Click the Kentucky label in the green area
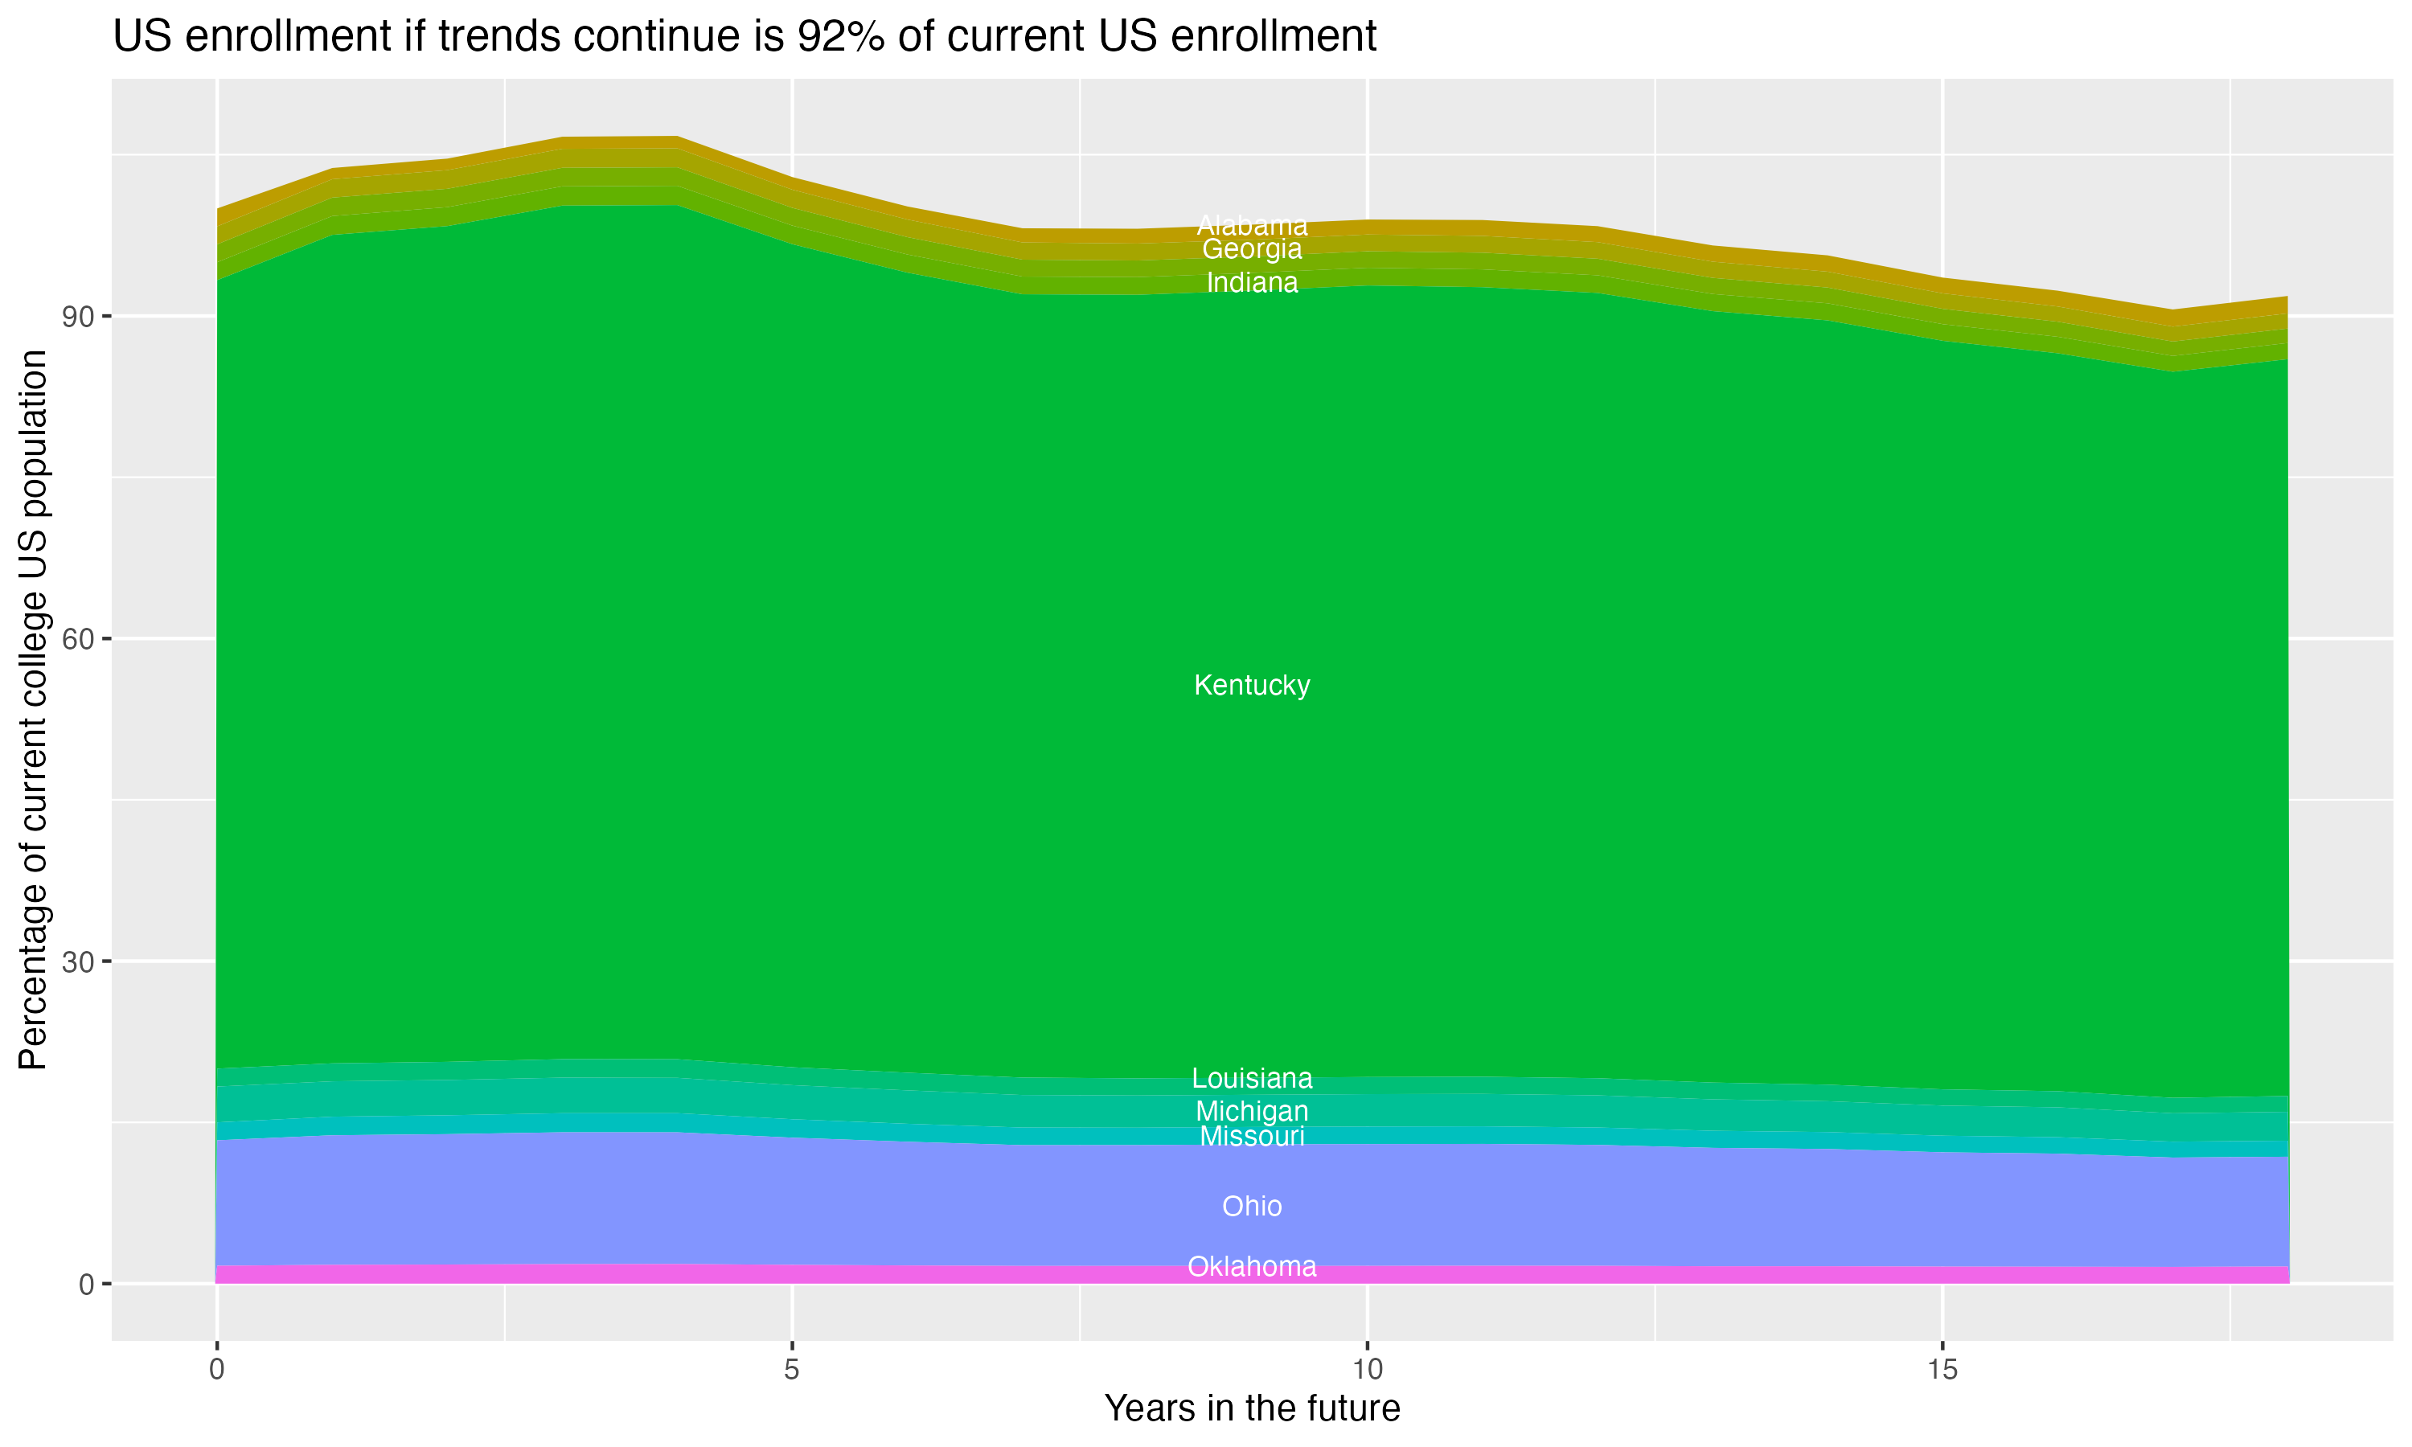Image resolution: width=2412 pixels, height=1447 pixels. [1252, 686]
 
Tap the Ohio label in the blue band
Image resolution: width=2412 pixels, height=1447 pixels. [1252, 1206]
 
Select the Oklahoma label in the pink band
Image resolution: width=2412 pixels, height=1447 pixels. [1252, 1267]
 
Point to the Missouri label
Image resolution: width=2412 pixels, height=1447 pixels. [1252, 1136]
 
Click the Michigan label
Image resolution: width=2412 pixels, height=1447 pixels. [1252, 1111]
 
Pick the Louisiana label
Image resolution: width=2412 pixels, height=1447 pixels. [1252, 1079]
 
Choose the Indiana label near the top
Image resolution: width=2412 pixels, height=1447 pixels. [1252, 283]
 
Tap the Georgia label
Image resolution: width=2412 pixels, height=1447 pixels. [1252, 250]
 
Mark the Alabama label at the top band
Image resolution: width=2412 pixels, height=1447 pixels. [1252, 225]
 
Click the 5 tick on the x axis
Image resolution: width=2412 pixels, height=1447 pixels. [792, 1370]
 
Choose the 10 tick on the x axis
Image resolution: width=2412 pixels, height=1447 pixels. [1367, 1370]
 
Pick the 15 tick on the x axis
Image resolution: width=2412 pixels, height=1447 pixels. [1942, 1370]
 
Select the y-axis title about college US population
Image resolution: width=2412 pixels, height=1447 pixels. [33, 710]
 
